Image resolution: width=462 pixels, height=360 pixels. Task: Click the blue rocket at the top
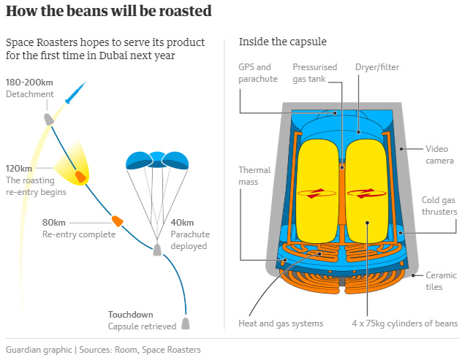[75, 93]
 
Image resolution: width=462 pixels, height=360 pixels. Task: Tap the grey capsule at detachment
[49, 119]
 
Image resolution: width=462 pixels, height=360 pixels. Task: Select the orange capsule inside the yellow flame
[80, 177]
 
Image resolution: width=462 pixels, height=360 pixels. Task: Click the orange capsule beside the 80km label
[117, 221]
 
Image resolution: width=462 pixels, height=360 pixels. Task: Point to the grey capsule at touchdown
[186, 323]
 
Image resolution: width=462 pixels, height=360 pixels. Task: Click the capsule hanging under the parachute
[157, 250]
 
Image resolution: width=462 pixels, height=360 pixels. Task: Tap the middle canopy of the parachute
[157, 159]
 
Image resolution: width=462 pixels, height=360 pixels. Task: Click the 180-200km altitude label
[29, 83]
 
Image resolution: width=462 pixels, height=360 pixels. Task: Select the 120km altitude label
[19, 169]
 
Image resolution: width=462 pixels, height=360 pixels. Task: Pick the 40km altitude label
[182, 223]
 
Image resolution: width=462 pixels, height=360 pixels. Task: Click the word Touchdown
[131, 315]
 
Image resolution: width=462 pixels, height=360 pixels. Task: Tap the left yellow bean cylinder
[317, 191]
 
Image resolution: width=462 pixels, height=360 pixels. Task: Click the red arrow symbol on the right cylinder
[366, 194]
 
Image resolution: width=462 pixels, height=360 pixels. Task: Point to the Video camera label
[439, 155]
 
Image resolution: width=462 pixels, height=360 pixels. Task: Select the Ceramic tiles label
[441, 281]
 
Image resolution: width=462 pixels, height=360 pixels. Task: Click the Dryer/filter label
[377, 67]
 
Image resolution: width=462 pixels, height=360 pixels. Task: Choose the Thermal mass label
[254, 176]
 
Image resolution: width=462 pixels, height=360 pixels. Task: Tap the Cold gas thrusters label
[439, 206]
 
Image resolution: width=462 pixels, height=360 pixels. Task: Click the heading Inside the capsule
[283, 42]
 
